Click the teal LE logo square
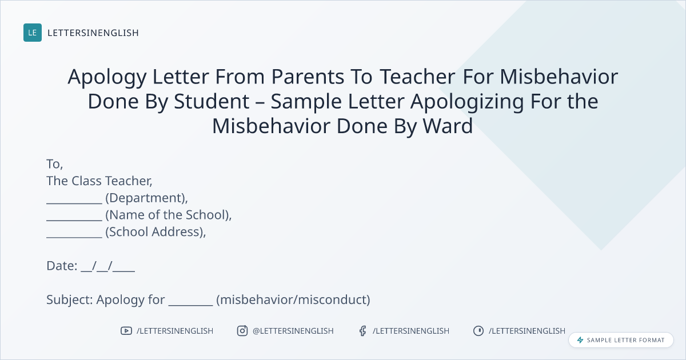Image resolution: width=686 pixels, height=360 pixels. [x=33, y=33]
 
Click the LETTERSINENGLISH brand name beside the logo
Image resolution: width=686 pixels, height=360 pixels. [x=93, y=33]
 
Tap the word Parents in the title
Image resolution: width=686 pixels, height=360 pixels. [x=308, y=77]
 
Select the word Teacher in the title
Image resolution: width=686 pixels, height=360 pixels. [x=418, y=77]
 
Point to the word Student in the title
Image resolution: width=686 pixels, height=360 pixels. [x=212, y=101]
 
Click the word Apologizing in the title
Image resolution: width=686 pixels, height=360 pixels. [x=467, y=102]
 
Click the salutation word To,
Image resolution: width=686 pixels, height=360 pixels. [x=55, y=165]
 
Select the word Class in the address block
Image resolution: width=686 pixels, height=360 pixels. [x=86, y=181]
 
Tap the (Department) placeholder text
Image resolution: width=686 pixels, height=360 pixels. [x=147, y=198]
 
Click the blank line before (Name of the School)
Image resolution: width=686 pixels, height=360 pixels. [x=74, y=219]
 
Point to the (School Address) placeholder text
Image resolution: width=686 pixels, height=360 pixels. [x=155, y=232]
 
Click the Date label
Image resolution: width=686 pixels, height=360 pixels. [x=62, y=266]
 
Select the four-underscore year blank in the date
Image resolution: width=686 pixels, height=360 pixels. [x=123, y=270]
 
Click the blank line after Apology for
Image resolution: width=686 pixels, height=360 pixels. [x=190, y=304]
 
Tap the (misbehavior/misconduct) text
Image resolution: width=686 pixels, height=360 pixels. [x=293, y=299]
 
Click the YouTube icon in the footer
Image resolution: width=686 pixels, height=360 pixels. [x=126, y=331]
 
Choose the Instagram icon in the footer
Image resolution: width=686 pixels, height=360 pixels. [x=242, y=331]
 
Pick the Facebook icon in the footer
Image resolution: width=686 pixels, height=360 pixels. [x=362, y=331]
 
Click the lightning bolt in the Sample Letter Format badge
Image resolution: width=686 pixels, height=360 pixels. [x=580, y=340]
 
